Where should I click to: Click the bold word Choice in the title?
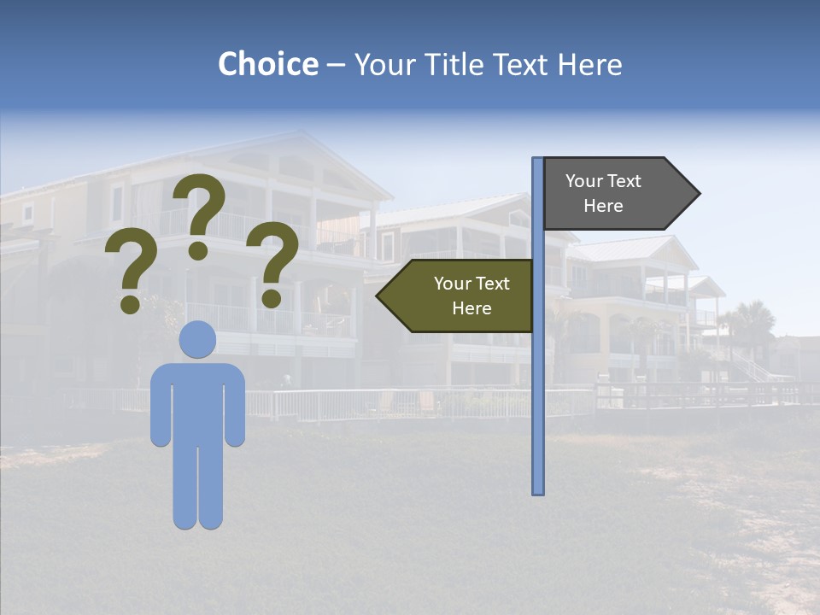267,65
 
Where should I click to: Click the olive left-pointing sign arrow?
458,296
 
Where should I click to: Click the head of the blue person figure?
197,340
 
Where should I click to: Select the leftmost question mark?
131,272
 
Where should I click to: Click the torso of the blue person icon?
197,401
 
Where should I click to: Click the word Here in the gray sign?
603,206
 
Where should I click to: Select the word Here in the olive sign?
471,308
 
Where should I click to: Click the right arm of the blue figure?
235,406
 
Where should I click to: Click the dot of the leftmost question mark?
131,303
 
